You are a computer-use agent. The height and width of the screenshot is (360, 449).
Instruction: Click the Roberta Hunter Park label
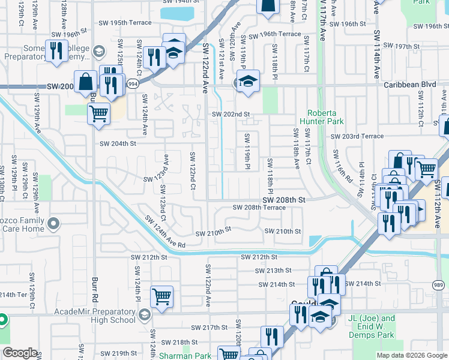(x=325, y=117)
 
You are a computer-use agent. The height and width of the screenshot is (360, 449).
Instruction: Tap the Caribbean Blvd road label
(x=410, y=85)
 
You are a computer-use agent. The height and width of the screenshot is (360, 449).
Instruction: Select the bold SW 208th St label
(x=285, y=199)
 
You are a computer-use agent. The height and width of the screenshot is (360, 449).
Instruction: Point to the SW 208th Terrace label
(x=259, y=208)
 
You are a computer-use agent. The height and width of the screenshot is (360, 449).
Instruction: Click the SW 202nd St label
(x=230, y=114)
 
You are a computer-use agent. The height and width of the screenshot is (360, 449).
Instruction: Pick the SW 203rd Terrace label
(x=357, y=137)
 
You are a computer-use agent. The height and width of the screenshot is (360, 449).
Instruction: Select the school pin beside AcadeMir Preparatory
(x=144, y=314)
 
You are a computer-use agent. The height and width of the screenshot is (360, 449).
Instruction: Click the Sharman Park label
(x=185, y=356)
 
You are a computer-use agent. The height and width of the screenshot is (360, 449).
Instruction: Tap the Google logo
(x=20, y=353)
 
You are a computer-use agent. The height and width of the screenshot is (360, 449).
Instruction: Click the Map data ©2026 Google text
(x=411, y=355)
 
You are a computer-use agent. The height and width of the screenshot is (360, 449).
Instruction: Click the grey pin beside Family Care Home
(x=54, y=224)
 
